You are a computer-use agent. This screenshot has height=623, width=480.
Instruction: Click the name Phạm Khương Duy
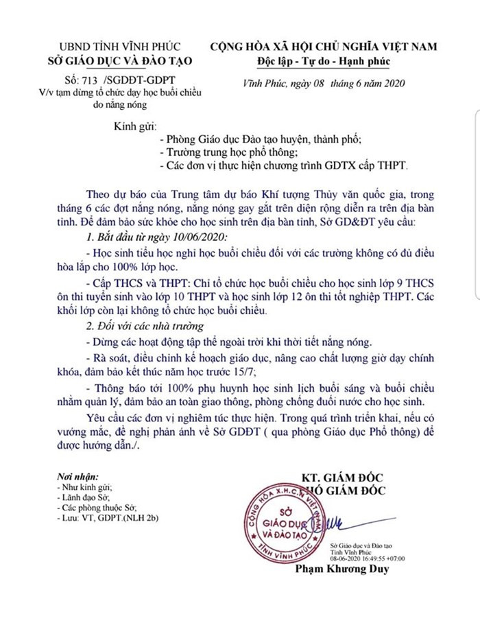(x=341, y=569)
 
